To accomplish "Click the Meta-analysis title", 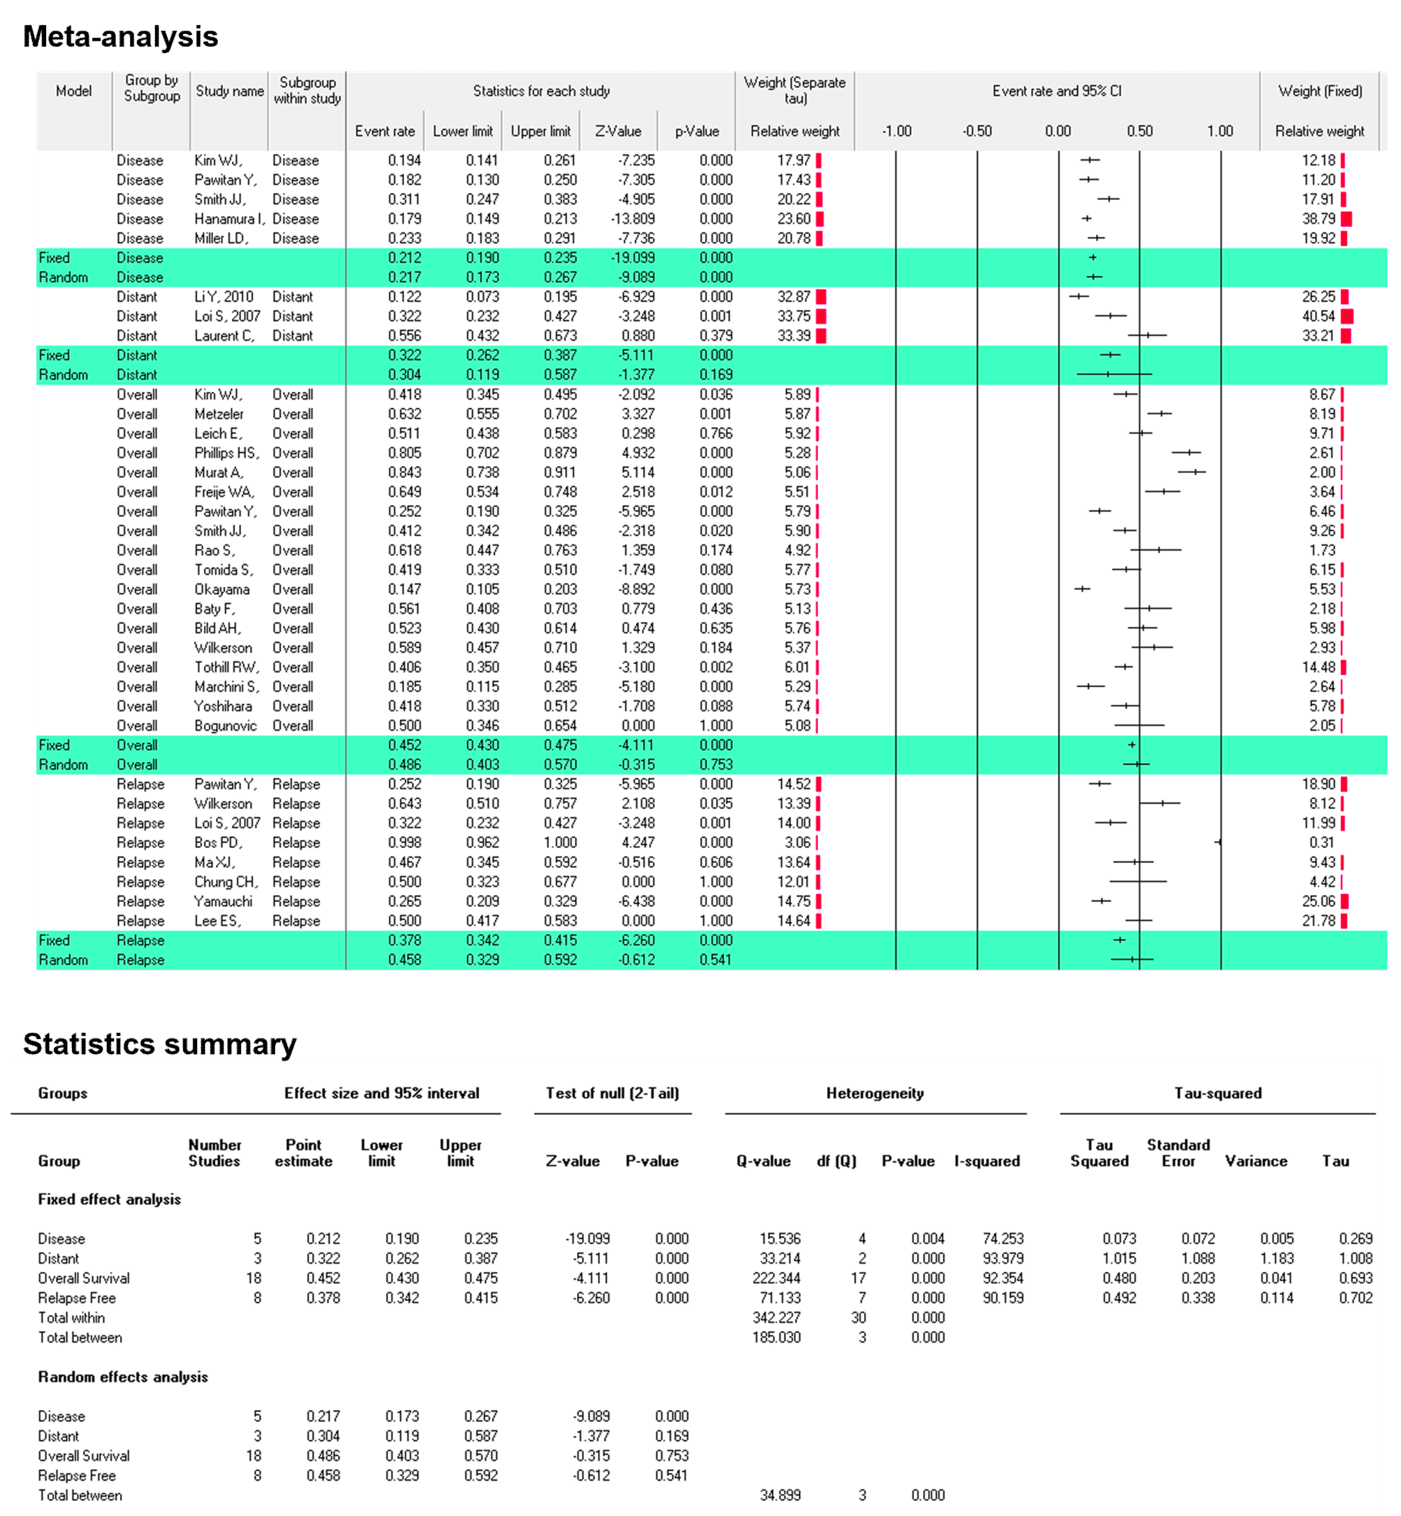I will [120, 36].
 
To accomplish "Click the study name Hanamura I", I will [229, 219].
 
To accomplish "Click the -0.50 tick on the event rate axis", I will [977, 131].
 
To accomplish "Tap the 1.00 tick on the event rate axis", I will [1220, 131].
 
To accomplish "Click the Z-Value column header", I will [618, 131].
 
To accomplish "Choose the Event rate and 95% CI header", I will [1057, 91].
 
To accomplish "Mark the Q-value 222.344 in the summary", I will [776, 1278].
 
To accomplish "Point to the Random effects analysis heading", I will [123, 1377].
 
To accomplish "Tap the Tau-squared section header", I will [1217, 1093].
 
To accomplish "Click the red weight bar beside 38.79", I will [1346, 219].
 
